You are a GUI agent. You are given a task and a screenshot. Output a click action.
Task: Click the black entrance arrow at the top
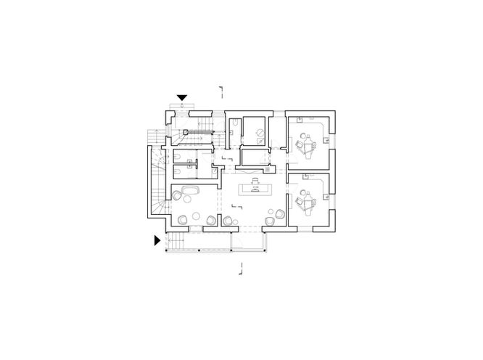tap(183, 97)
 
